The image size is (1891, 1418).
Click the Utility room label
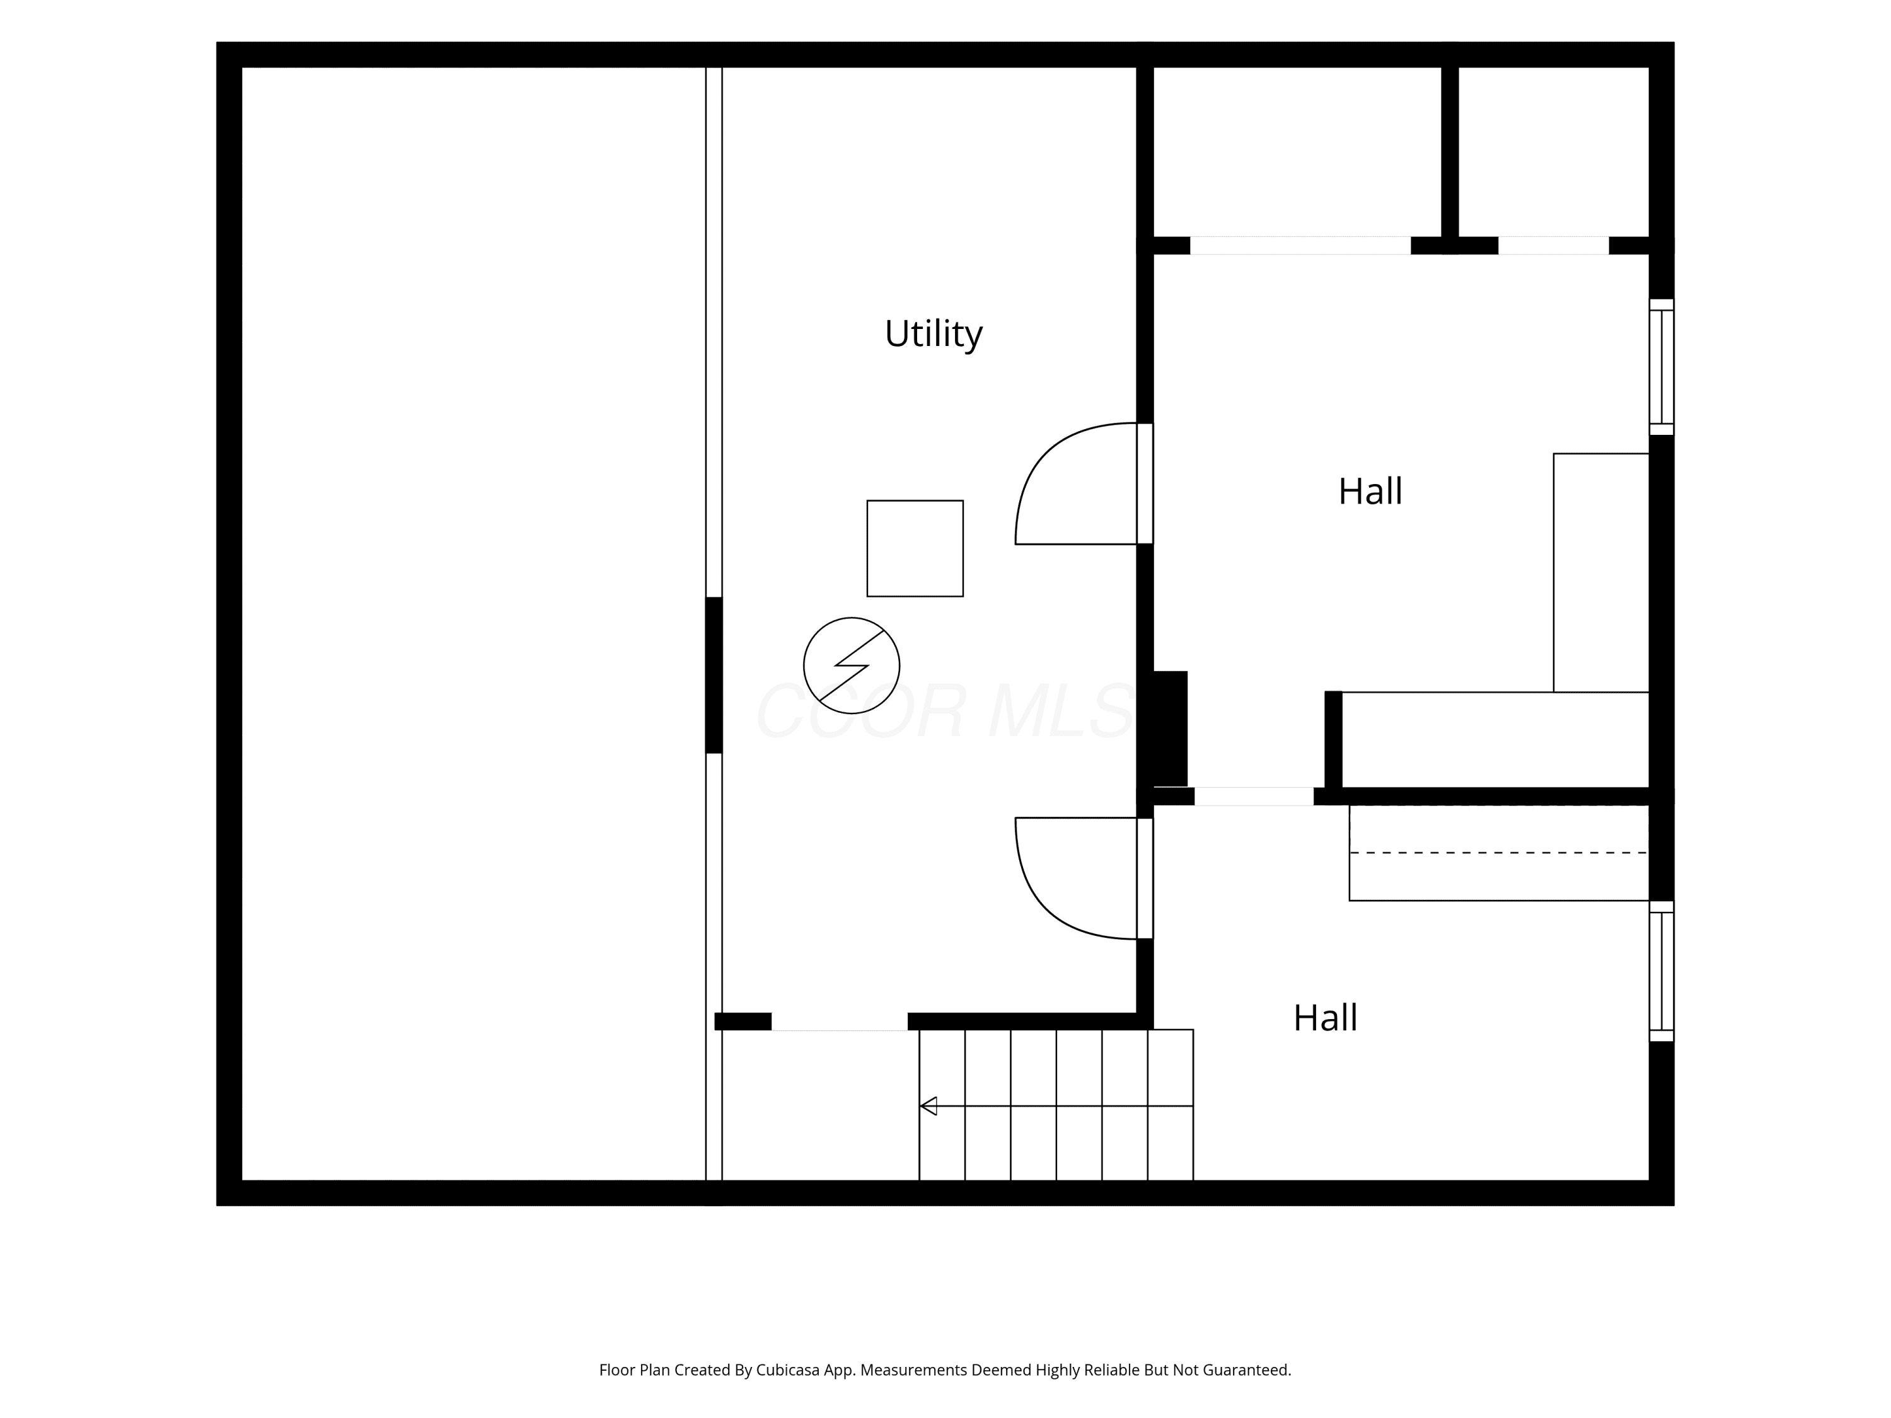click(x=933, y=334)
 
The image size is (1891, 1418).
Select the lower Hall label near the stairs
click(x=1325, y=1018)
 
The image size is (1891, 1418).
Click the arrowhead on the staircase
click(x=928, y=1106)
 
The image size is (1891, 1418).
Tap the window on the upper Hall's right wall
click(x=1661, y=367)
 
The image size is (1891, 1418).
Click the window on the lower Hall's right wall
click(x=1661, y=971)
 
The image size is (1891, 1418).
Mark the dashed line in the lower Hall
click(x=1498, y=852)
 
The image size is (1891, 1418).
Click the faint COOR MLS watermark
click(x=945, y=711)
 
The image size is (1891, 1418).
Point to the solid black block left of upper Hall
click(x=1171, y=729)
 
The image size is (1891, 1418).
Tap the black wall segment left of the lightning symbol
click(x=714, y=675)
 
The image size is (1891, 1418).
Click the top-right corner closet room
click(x=1553, y=151)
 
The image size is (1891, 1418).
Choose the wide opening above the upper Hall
click(x=1300, y=245)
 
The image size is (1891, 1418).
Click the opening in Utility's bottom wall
click(x=840, y=1022)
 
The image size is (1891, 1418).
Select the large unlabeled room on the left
click(x=473, y=624)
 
